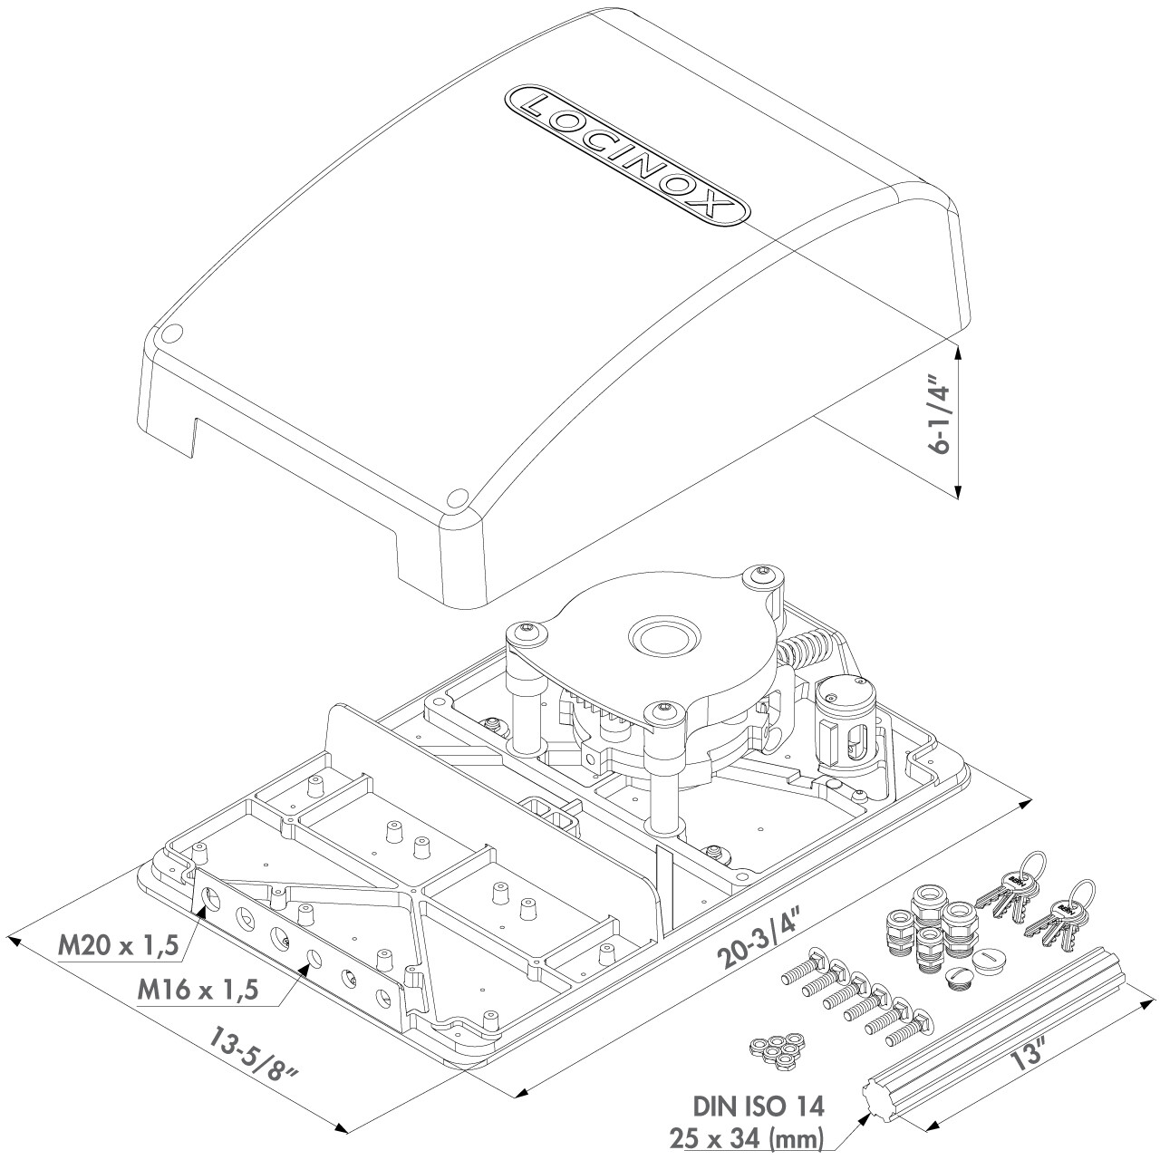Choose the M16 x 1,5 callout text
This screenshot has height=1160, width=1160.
click(x=198, y=989)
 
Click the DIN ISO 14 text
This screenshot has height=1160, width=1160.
click(x=759, y=1107)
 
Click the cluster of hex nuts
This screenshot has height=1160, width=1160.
click(x=773, y=1051)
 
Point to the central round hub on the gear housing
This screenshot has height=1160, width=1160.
click(x=662, y=637)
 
